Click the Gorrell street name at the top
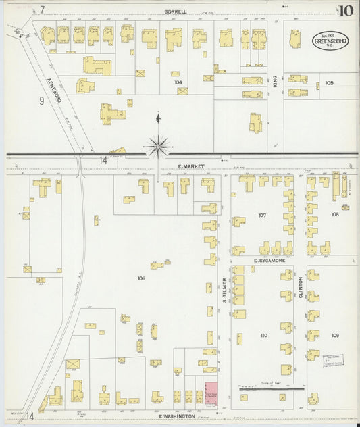pyautogui.click(x=175, y=11)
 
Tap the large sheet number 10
pyautogui.click(x=346, y=11)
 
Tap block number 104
pyautogui.click(x=178, y=82)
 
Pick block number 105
pyautogui.click(x=329, y=83)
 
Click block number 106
pyautogui.click(x=140, y=278)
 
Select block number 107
pyautogui.click(x=262, y=216)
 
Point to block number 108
pyautogui.click(x=334, y=214)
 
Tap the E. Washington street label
pyautogui.click(x=178, y=416)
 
